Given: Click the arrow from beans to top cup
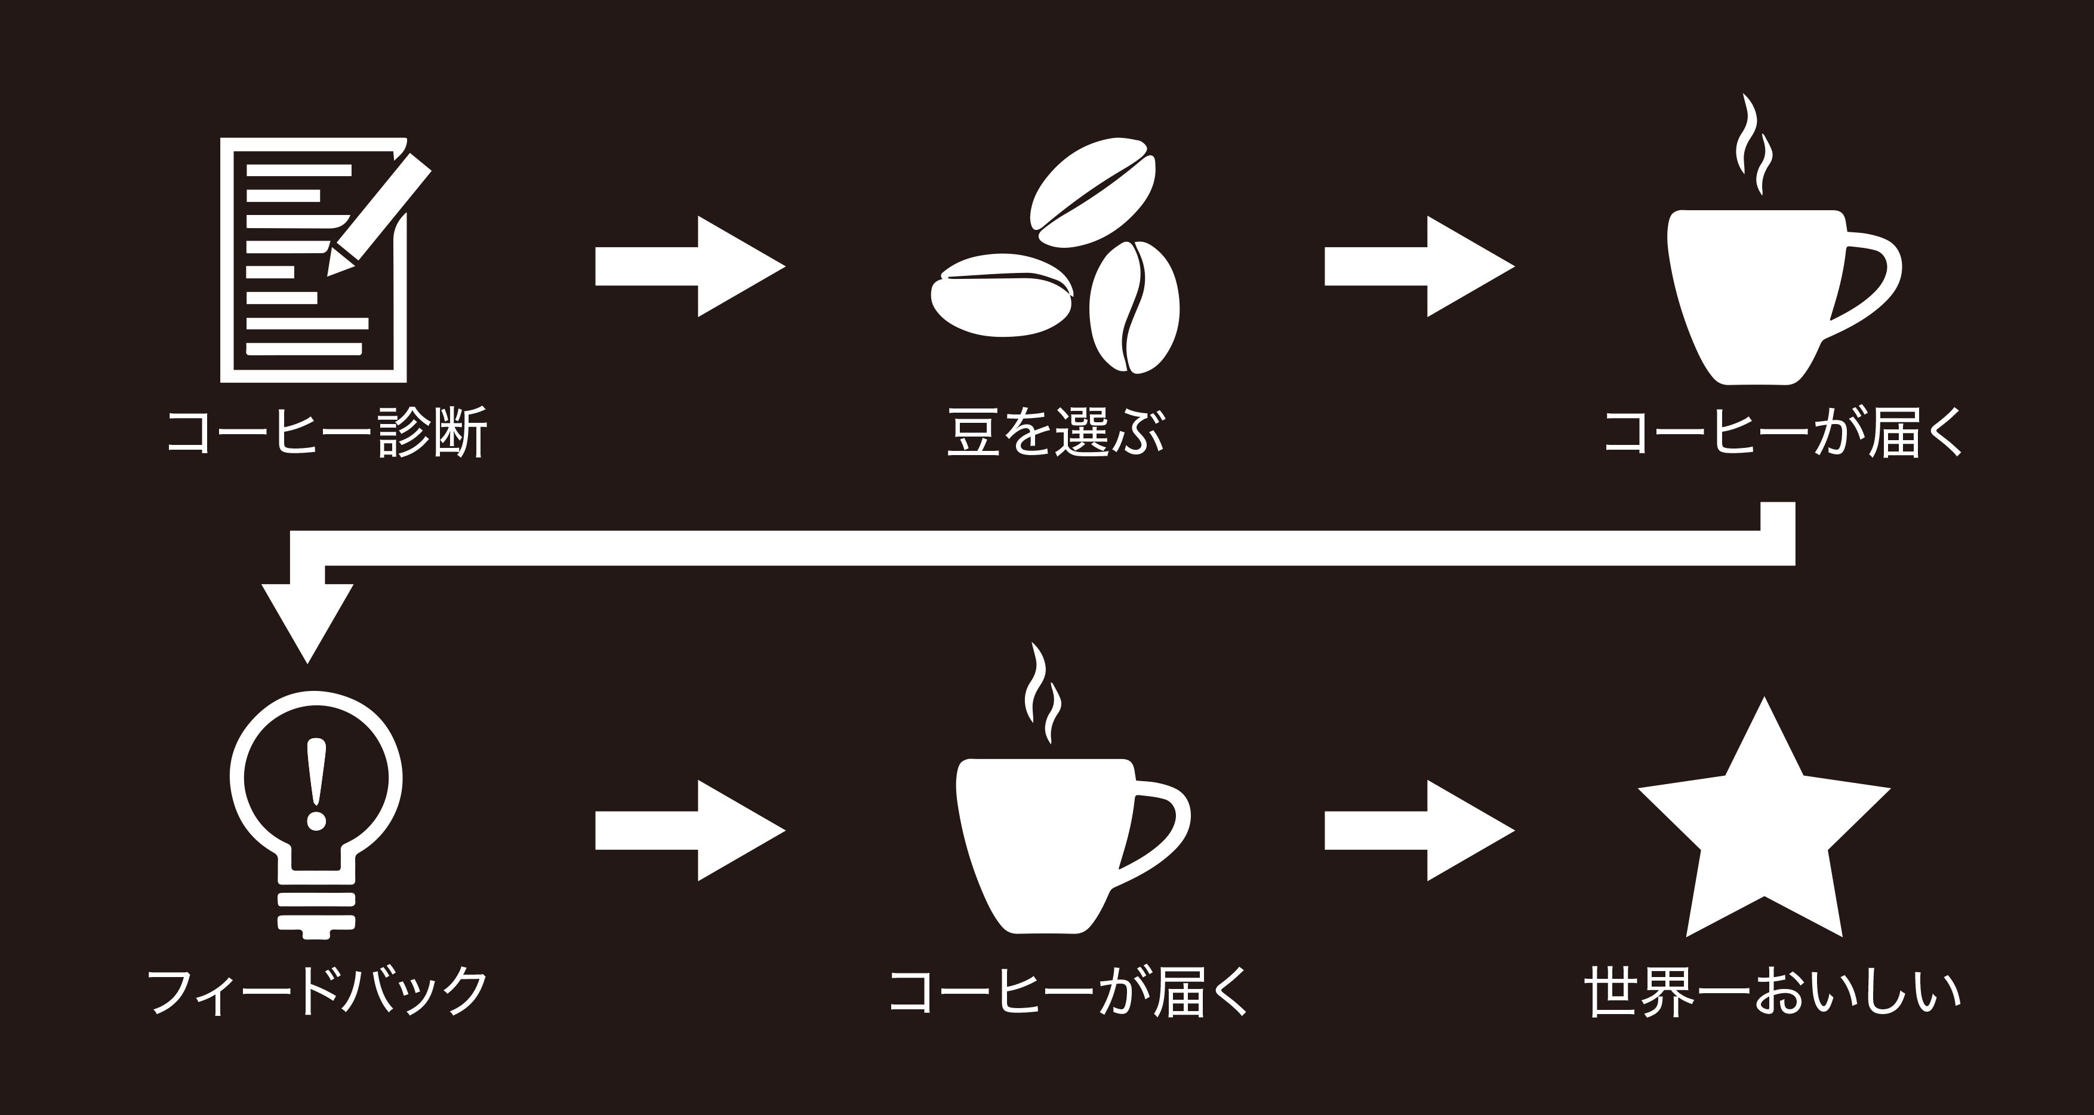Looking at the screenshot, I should click(1418, 266).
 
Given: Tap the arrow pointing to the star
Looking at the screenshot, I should click(1418, 830).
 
